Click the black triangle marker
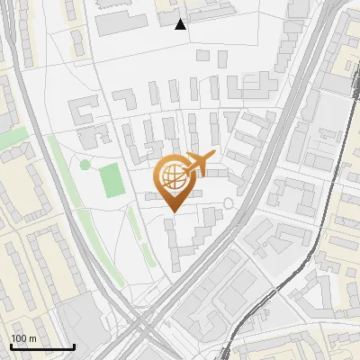[x=181, y=24]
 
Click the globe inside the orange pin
[x=173, y=176]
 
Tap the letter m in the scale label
[x=32, y=339]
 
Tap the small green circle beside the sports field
[x=85, y=165]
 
